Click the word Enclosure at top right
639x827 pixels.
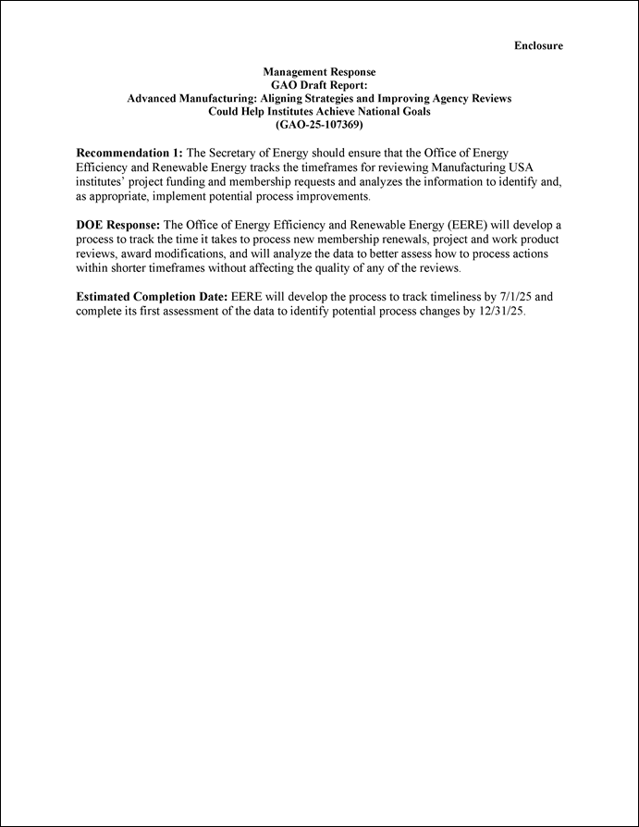click(538, 45)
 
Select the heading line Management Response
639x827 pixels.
click(319, 71)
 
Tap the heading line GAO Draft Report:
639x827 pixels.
click(319, 84)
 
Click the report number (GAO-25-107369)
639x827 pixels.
click(319, 124)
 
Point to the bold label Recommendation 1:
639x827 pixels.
click(129, 152)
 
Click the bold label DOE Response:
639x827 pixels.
click(117, 226)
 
